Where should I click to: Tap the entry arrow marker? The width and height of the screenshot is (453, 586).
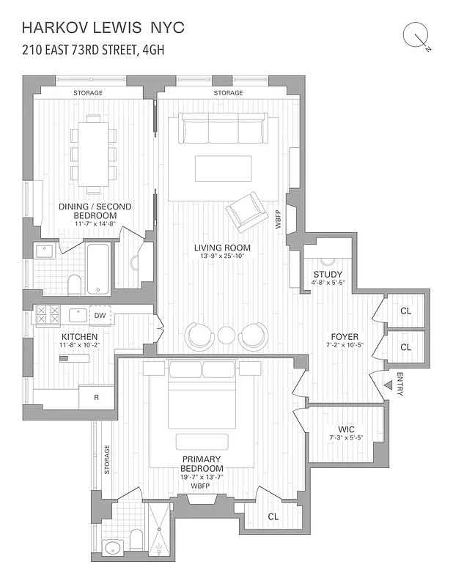(x=388, y=385)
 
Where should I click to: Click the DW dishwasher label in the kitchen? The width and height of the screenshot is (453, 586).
(x=100, y=315)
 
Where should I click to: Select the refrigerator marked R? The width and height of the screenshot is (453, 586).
(x=96, y=398)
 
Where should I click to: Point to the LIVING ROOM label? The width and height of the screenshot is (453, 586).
(x=222, y=248)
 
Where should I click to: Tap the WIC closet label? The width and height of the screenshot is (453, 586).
(x=347, y=429)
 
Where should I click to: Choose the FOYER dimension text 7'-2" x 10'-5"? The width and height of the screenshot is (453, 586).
(x=344, y=346)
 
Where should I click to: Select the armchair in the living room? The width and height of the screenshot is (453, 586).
(x=247, y=212)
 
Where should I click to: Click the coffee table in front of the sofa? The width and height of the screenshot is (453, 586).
(x=223, y=168)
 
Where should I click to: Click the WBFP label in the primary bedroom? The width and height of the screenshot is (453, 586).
(x=201, y=486)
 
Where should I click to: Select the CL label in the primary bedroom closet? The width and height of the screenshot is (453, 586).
(x=273, y=516)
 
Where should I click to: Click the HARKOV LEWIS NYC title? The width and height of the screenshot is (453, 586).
(x=103, y=28)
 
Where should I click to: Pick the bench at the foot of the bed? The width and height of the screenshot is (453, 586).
(x=202, y=441)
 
